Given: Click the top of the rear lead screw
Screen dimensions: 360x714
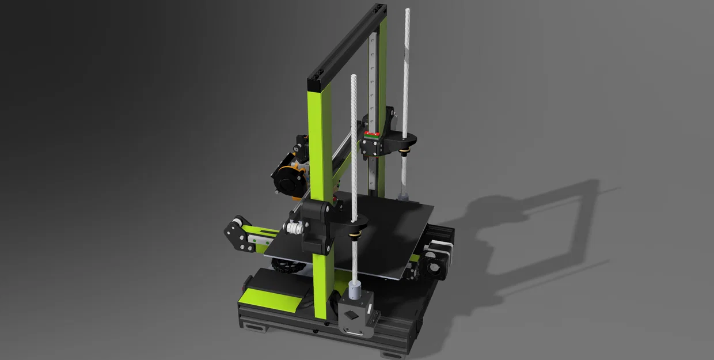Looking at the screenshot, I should pos(407,11).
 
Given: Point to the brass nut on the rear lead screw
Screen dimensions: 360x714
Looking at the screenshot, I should pos(405,151).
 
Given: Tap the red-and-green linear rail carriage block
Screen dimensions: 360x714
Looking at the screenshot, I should pos(371,137).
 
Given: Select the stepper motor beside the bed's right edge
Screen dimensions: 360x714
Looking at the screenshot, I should pos(435,259).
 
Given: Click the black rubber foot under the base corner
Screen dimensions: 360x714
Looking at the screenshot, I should pos(253,329).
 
